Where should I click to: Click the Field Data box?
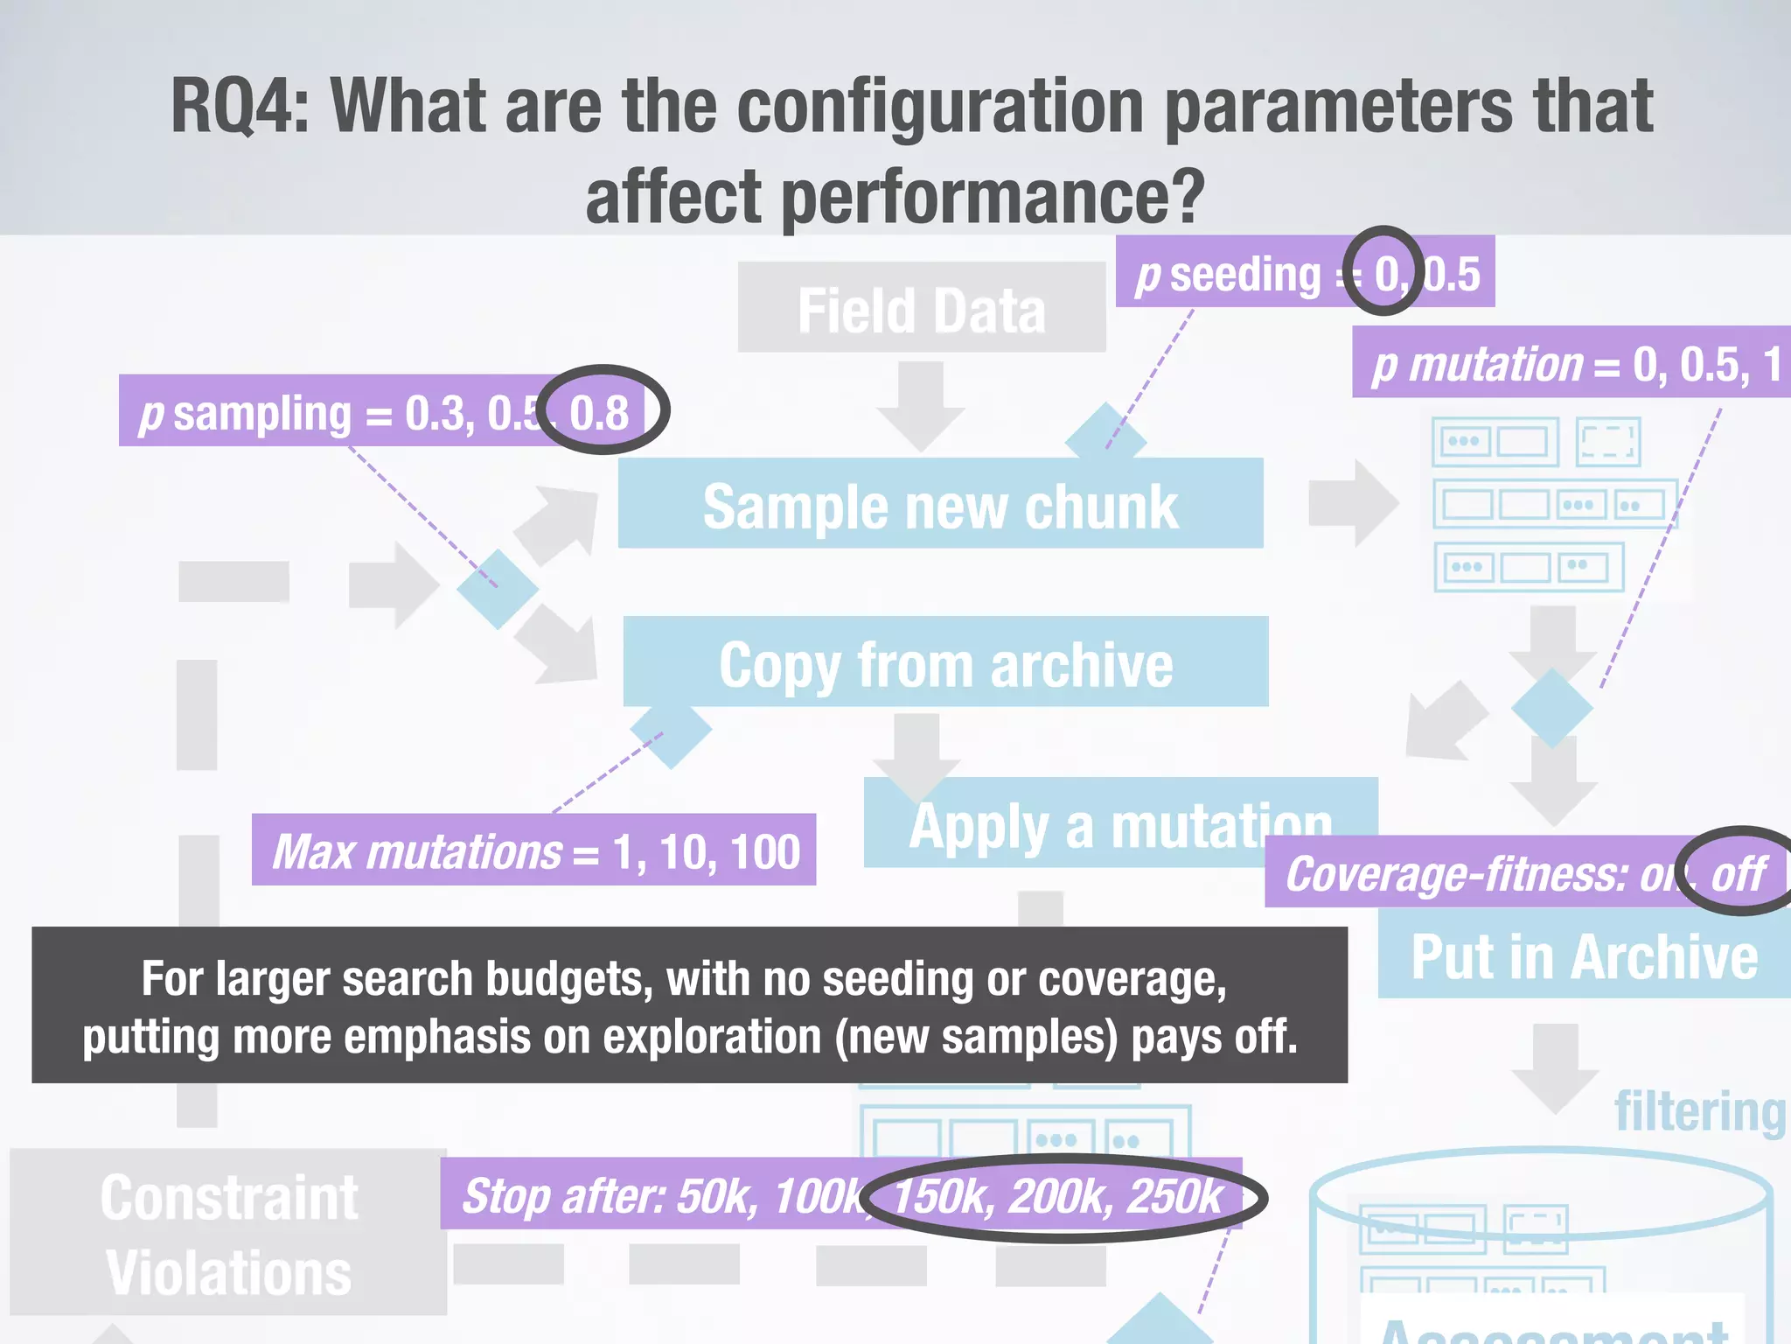921,309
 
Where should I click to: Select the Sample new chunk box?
940,505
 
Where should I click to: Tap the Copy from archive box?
944,663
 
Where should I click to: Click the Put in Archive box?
1583,956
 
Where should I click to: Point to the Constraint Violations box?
228,1233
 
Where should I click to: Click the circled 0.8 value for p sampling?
600,412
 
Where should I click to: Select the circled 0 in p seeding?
1385,274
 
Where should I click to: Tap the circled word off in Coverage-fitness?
1739,873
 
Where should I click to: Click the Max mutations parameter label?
418,851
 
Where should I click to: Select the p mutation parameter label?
1478,364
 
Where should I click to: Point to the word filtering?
1699,1111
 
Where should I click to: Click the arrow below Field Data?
921,404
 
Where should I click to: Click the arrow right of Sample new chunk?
1353,503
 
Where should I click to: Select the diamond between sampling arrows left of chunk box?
497,588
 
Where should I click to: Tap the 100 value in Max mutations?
764,851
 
